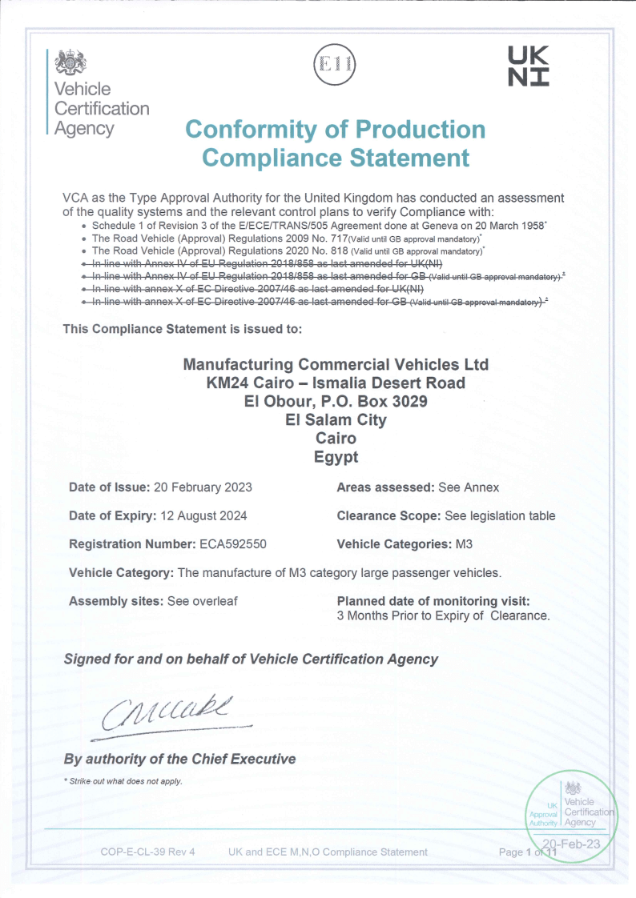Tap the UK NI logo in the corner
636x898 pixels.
pos(529,66)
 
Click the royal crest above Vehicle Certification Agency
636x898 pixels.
pos(73,62)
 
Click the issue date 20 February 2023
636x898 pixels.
pos(203,487)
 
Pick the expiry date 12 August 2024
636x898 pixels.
pos(202,515)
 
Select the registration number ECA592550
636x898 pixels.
pos(232,544)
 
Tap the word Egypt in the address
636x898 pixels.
pos(336,458)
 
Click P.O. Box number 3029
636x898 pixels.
pos(408,401)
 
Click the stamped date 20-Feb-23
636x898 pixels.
pos(574,843)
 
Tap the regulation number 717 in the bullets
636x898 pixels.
pos(340,238)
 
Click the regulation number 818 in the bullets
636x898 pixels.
pos(340,251)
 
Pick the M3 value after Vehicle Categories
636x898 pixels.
pos(465,544)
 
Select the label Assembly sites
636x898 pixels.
pos(115,601)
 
